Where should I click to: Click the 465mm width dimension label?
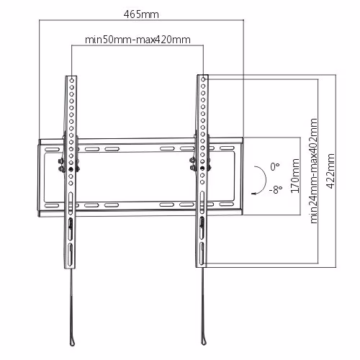pyautogui.click(x=141, y=14)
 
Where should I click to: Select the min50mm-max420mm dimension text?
pyautogui.click(x=138, y=40)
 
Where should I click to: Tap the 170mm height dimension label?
pyautogui.click(x=295, y=176)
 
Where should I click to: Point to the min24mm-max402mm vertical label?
pyautogui.click(x=314, y=171)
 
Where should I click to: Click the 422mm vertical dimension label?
pyautogui.click(x=330, y=171)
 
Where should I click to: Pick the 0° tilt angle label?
pyautogui.click(x=274, y=166)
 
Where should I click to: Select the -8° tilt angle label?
pyautogui.click(x=276, y=189)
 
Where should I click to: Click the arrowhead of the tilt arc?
pyautogui.click(x=253, y=193)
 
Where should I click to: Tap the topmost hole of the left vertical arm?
pyautogui.click(x=72, y=81)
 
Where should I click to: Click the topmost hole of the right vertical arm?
pyautogui.click(x=203, y=79)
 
